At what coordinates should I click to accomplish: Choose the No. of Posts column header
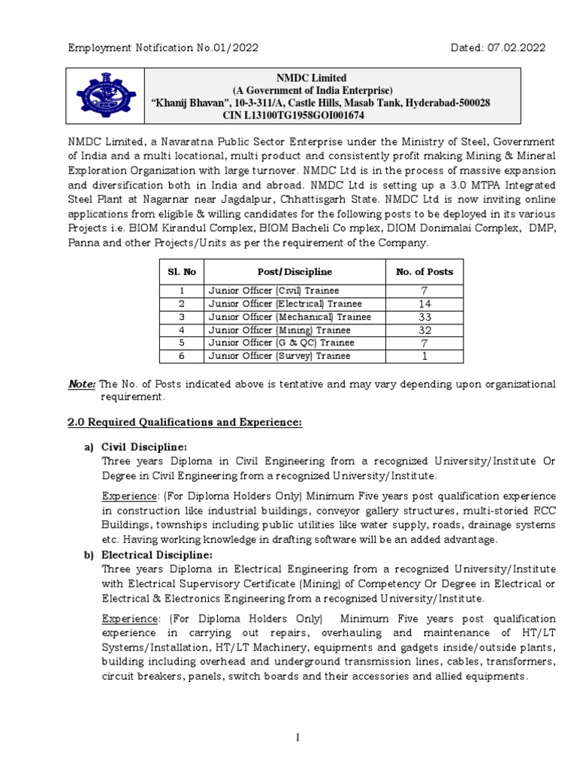click(424, 271)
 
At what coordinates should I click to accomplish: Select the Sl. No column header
click(180, 271)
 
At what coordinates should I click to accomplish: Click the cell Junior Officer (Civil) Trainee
click(273, 291)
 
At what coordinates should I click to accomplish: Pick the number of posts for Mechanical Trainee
click(424, 317)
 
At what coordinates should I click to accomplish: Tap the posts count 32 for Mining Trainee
click(424, 330)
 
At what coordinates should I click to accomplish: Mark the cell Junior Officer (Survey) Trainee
click(278, 356)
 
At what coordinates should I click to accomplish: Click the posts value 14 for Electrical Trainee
click(424, 303)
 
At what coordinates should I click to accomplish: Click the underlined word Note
click(82, 384)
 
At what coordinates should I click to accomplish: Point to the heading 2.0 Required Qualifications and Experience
click(185, 423)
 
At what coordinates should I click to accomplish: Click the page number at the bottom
click(298, 738)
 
